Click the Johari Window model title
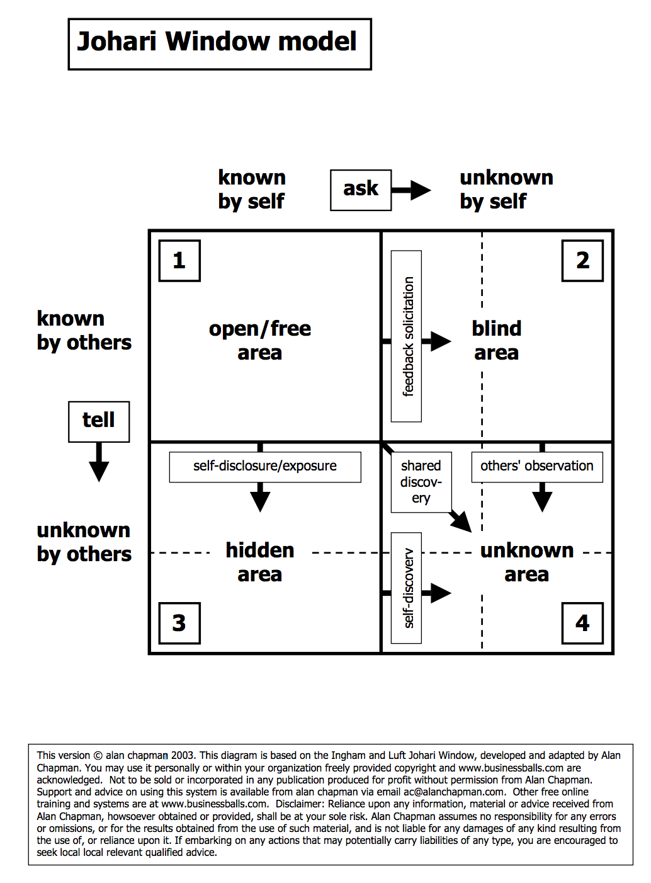pyautogui.click(x=219, y=43)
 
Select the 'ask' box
pyautogui.click(x=361, y=190)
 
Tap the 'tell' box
pyautogui.click(x=99, y=421)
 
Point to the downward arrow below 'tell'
pyautogui.click(x=99, y=463)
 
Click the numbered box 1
pyautogui.click(x=179, y=260)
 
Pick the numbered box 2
pyautogui.click(x=582, y=260)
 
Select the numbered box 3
pyautogui.click(x=179, y=623)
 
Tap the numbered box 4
pyautogui.click(x=582, y=623)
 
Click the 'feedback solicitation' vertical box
pyautogui.click(x=407, y=336)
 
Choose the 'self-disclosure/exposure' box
pyautogui.click(x=265, y=467)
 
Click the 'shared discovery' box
pyautogui.click(x=421, y=482)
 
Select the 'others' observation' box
pyautogui.click(x=537, y=467)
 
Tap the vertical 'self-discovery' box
pyautogui.click(x=407, y=588)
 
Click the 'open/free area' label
pyautogui.click(x=260, y=340)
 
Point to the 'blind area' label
pyautogui.click(x=497, y=340)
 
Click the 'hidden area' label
pyautogui.click(x=260, y=562)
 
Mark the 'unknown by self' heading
pyautogui.click(x=506, y=189)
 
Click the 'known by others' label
pyautogui.click(x=84, y=330)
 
